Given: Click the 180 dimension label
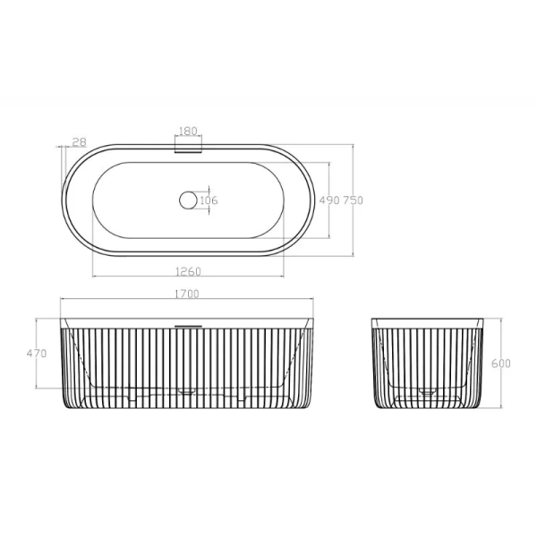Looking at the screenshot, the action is (x=188, y=131).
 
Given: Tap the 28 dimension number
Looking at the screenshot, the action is (x=80, y=141).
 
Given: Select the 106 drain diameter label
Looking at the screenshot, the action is (x=209, y=200).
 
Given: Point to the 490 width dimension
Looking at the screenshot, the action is (x=329, y=200).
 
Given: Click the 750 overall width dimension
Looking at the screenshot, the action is (x=354, y=200).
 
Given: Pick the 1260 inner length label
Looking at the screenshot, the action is (x=188, y=271).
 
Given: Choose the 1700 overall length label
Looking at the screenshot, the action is (x=187, y=294).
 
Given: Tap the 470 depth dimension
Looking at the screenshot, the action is (x=37, y=354).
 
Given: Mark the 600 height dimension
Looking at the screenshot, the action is (x=501, y=363).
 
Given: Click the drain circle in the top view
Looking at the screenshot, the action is (x=188, y=200).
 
